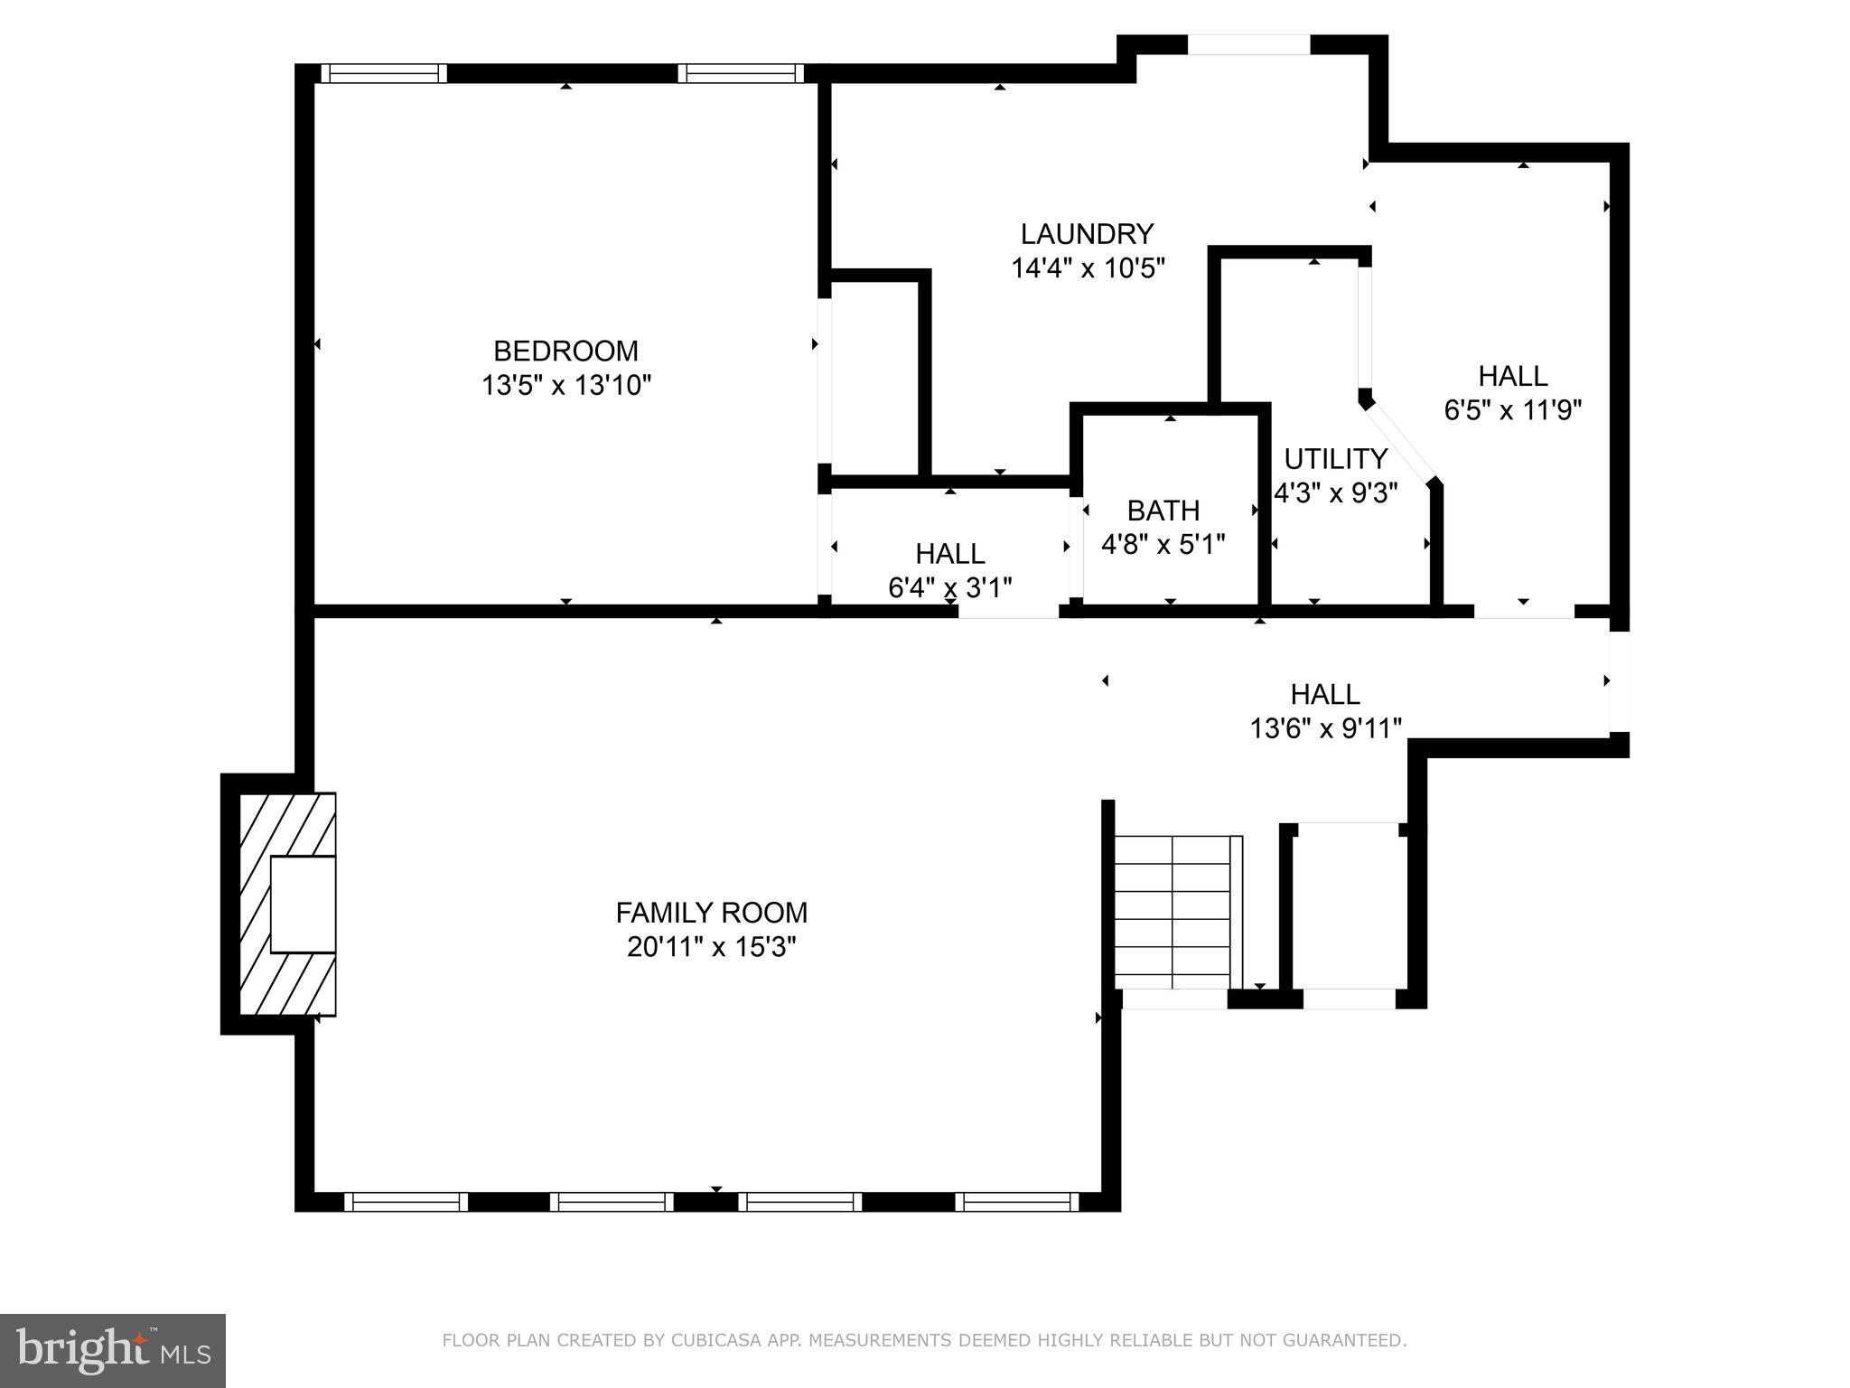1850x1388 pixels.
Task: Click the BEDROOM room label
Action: [x=565, y=351]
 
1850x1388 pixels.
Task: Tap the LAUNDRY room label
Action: [x=1087, y=234]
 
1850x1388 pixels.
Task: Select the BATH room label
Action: [x=1163, y=511]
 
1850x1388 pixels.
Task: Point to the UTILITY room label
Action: [x=1335, y=459]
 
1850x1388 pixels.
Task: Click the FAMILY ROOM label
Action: [x=711, y=913]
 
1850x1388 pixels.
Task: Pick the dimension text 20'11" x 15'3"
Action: [x=711, y=947]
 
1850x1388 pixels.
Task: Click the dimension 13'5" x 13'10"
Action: [x=565, y=386]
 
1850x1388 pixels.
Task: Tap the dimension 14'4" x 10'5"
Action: [x=1088, y=268]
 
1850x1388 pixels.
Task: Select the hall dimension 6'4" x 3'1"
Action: [x=949, y=587]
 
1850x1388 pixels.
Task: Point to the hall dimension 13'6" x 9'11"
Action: [x=1325, y=727]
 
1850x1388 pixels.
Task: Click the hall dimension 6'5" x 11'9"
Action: [x=1512, y=410]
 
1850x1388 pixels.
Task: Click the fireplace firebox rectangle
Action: [x=303, y=904]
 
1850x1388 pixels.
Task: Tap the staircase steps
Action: [x=1173, y=913]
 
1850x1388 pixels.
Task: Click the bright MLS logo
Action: [x=113, y=1349]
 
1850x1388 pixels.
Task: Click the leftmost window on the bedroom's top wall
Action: [x=384, y=73]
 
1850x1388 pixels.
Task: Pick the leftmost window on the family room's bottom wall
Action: [x=406, y=1202]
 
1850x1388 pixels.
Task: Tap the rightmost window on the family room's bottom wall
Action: [x=1017, y=1202]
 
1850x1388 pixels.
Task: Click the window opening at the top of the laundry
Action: [x=1247, y=45]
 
